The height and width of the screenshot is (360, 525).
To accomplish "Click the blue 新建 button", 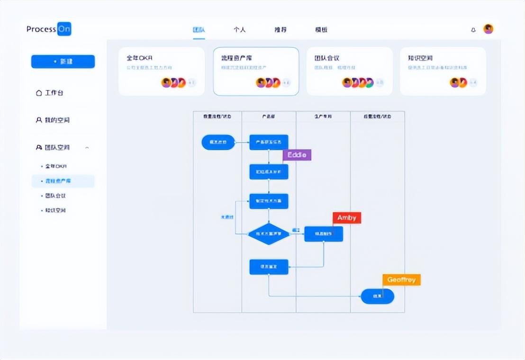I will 63,62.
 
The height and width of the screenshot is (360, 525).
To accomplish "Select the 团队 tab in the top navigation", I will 199,30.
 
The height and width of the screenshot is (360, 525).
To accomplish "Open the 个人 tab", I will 240,30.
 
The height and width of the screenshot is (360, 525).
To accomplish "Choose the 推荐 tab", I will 281,30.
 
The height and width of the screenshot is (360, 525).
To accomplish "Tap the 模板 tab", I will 321,30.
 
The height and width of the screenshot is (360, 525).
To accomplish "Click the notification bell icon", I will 473,30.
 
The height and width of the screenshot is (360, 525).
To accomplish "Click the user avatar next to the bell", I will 489,29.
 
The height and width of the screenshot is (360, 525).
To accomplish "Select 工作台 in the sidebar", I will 50,93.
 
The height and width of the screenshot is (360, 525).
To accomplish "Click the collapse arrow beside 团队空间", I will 87,148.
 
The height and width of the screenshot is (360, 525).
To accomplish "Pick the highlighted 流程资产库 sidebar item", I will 58,181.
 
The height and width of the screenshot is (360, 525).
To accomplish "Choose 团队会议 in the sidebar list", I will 55,196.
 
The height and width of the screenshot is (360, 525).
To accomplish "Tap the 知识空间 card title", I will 420,58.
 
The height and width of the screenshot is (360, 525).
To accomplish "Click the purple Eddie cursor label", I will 297,155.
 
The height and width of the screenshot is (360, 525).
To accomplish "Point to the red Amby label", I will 347,218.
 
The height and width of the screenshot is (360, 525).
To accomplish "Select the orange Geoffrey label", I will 401,280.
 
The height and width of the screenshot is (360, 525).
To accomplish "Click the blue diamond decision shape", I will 269,234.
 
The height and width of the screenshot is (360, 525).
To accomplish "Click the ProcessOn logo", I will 49,29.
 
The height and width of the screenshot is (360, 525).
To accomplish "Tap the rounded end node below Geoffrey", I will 377,296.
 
